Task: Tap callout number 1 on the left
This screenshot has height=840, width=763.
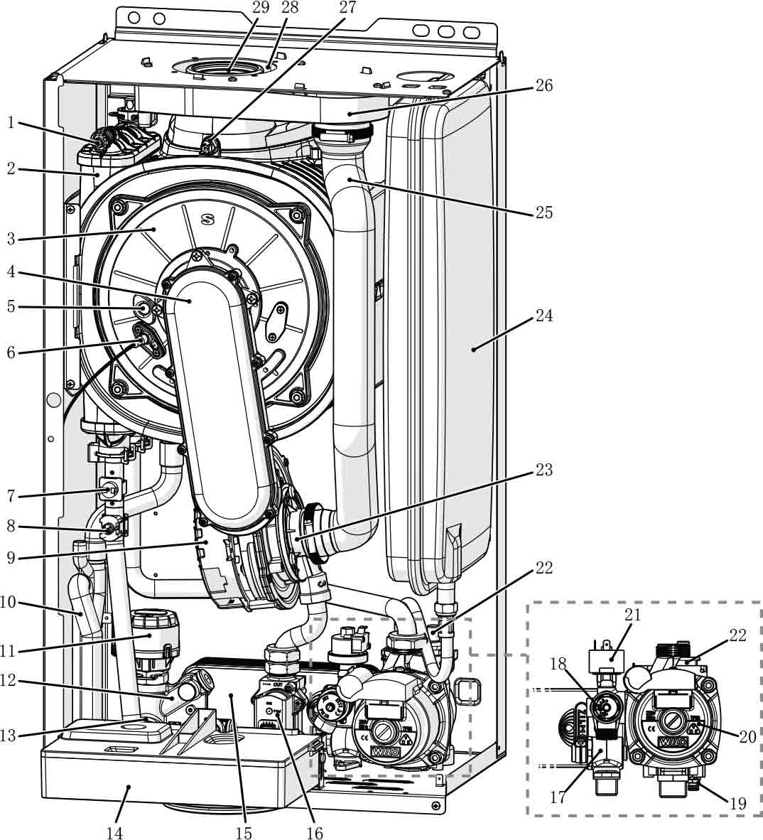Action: tap(11, 122)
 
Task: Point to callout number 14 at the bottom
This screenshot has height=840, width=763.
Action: tap(114, 831)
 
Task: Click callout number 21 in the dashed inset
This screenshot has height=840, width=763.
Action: tap(632, 615)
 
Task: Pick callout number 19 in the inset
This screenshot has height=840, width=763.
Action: tap(737, 804)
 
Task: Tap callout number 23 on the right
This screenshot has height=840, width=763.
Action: tap(543, 470)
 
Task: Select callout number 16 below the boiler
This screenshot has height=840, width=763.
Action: tap(314, 831)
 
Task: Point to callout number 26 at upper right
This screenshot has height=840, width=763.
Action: tap(543, 85)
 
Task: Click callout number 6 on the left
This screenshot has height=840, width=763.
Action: tap(11, 351)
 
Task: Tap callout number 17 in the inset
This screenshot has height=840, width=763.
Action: tap(558, 797)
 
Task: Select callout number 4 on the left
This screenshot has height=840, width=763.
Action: tap(11, 272)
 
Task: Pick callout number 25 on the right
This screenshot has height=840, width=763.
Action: tap(543, 212)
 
